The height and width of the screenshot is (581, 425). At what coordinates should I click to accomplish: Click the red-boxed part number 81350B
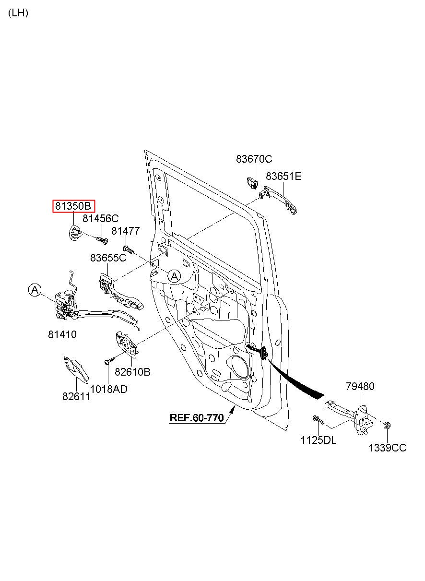tap(73, 206)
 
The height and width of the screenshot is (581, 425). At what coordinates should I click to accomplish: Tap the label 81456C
tap(101, 218)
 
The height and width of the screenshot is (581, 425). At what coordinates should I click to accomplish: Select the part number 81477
tap(126, 231)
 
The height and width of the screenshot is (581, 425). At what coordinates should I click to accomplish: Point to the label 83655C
tap(108, 258)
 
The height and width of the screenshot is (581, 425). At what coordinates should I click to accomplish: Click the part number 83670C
tap(254, 159)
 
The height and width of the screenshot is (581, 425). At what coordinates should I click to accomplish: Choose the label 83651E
tap(283, 177)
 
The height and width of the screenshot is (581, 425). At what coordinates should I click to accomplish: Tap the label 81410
tap(62, 334)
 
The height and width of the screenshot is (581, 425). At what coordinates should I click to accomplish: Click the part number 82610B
tap(132, 372)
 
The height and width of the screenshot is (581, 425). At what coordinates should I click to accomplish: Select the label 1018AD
tap(109, 389)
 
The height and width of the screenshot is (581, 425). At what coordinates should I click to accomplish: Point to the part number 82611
tap(76, 397)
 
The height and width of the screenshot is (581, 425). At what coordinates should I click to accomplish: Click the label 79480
tap(360, 386)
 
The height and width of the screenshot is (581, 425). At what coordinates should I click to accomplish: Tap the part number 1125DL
tap(319, 440)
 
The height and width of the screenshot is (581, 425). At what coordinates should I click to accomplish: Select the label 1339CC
tap(388, 448)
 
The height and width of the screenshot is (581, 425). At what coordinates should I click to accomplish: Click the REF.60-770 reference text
tap(197, 417)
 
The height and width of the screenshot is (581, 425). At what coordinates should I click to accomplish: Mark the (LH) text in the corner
tap(18, 13)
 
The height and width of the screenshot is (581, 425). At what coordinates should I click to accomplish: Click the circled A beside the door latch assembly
tap(35, 290)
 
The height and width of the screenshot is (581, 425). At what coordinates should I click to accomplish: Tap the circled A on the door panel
tap(174, 276)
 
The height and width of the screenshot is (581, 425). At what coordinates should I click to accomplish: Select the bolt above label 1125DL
tap(318, 420)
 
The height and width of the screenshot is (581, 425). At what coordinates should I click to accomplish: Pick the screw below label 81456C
tap(102, 240)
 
